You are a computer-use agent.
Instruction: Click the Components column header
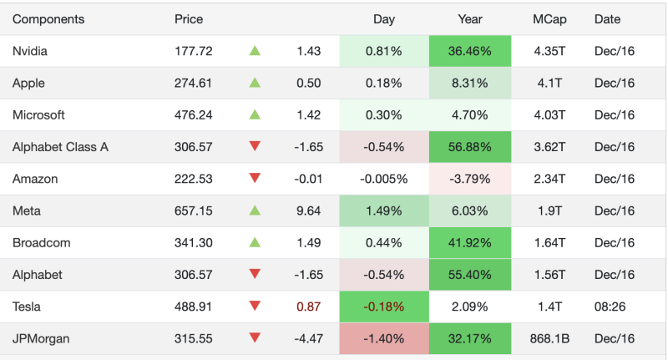(48, 19)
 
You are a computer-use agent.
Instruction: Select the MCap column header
(549, 19)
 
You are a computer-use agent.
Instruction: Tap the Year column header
(470, 19)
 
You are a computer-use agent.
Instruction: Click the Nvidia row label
(30, 51)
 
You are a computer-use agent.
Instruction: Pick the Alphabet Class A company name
(60, 147)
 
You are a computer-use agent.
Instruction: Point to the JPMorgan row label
(41, 338)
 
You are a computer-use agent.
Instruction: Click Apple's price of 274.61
(193, 83)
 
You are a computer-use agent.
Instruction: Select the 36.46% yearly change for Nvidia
(469, 51)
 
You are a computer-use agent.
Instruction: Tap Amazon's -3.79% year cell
(469, 179)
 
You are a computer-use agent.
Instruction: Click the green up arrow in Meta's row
(255, 210)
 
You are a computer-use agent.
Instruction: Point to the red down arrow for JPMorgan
(255, 338)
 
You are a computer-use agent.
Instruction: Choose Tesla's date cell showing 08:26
(610, 307)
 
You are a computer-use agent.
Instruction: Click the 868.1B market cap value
(549, 338)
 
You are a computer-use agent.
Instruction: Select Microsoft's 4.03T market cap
(549, 115)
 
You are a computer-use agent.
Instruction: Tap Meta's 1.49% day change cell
(384, 210)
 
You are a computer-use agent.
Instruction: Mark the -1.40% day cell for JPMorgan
(384, 338)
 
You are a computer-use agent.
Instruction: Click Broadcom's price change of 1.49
(308, 242)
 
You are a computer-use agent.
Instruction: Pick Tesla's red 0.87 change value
(308, 307)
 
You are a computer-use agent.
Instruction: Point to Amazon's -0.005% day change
(384, 179)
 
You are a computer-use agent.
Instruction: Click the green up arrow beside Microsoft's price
(255, 114)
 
